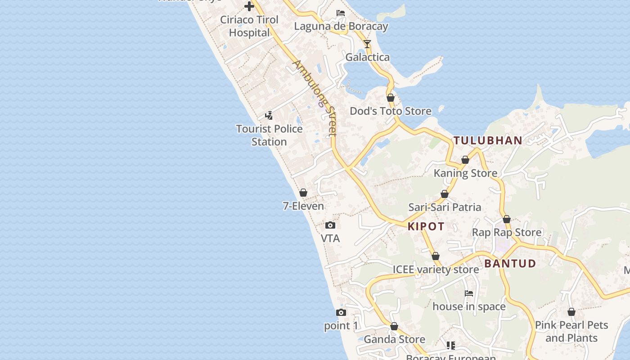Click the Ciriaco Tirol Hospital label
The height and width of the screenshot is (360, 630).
pyautogui.click(x=249, y=26)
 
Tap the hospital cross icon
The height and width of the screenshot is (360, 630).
pyautogui.click(x=249, y=6)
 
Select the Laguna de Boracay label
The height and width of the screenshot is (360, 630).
pyautogui.click(x=341, y=26)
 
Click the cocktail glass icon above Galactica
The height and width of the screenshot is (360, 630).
pyautogui.click(x=367, y=44)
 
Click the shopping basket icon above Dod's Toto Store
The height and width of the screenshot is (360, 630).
pyautogui.click(x=391, y=98)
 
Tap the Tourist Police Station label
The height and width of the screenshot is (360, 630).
pyautogui.click(x=269, y=135)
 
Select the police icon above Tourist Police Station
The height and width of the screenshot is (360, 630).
pyautogui.click(x=269, y=116)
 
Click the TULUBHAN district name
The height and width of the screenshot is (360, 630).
pyautogui.click(x=488, y=140)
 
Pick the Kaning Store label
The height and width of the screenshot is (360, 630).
pyautogui.click(x=465, y=173)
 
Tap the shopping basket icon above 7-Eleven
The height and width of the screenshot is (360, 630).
pyautogui.click(x=303, y=193)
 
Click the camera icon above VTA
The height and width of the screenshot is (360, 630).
pyautogui.click(x=330, y=225)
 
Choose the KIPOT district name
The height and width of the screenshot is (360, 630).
pyautogui.click(x=426, y=226)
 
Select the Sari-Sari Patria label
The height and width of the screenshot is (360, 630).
pyautogui.click(x=445, y=207)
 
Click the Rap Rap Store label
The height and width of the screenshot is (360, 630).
pyautogui.click(x=507, y=232)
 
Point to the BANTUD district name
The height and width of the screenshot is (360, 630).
pyautogui.click(x=510, y=263)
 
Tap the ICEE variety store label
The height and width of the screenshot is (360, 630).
pyautogui.click(x=436, y=269)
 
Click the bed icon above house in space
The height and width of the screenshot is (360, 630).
pyautogui.click(x=469, y=293)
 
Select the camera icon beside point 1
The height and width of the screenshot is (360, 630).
pyautogui.click(x=341, y=312)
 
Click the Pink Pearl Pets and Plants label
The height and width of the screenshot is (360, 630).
pyautogui.click(x=571, y=331)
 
